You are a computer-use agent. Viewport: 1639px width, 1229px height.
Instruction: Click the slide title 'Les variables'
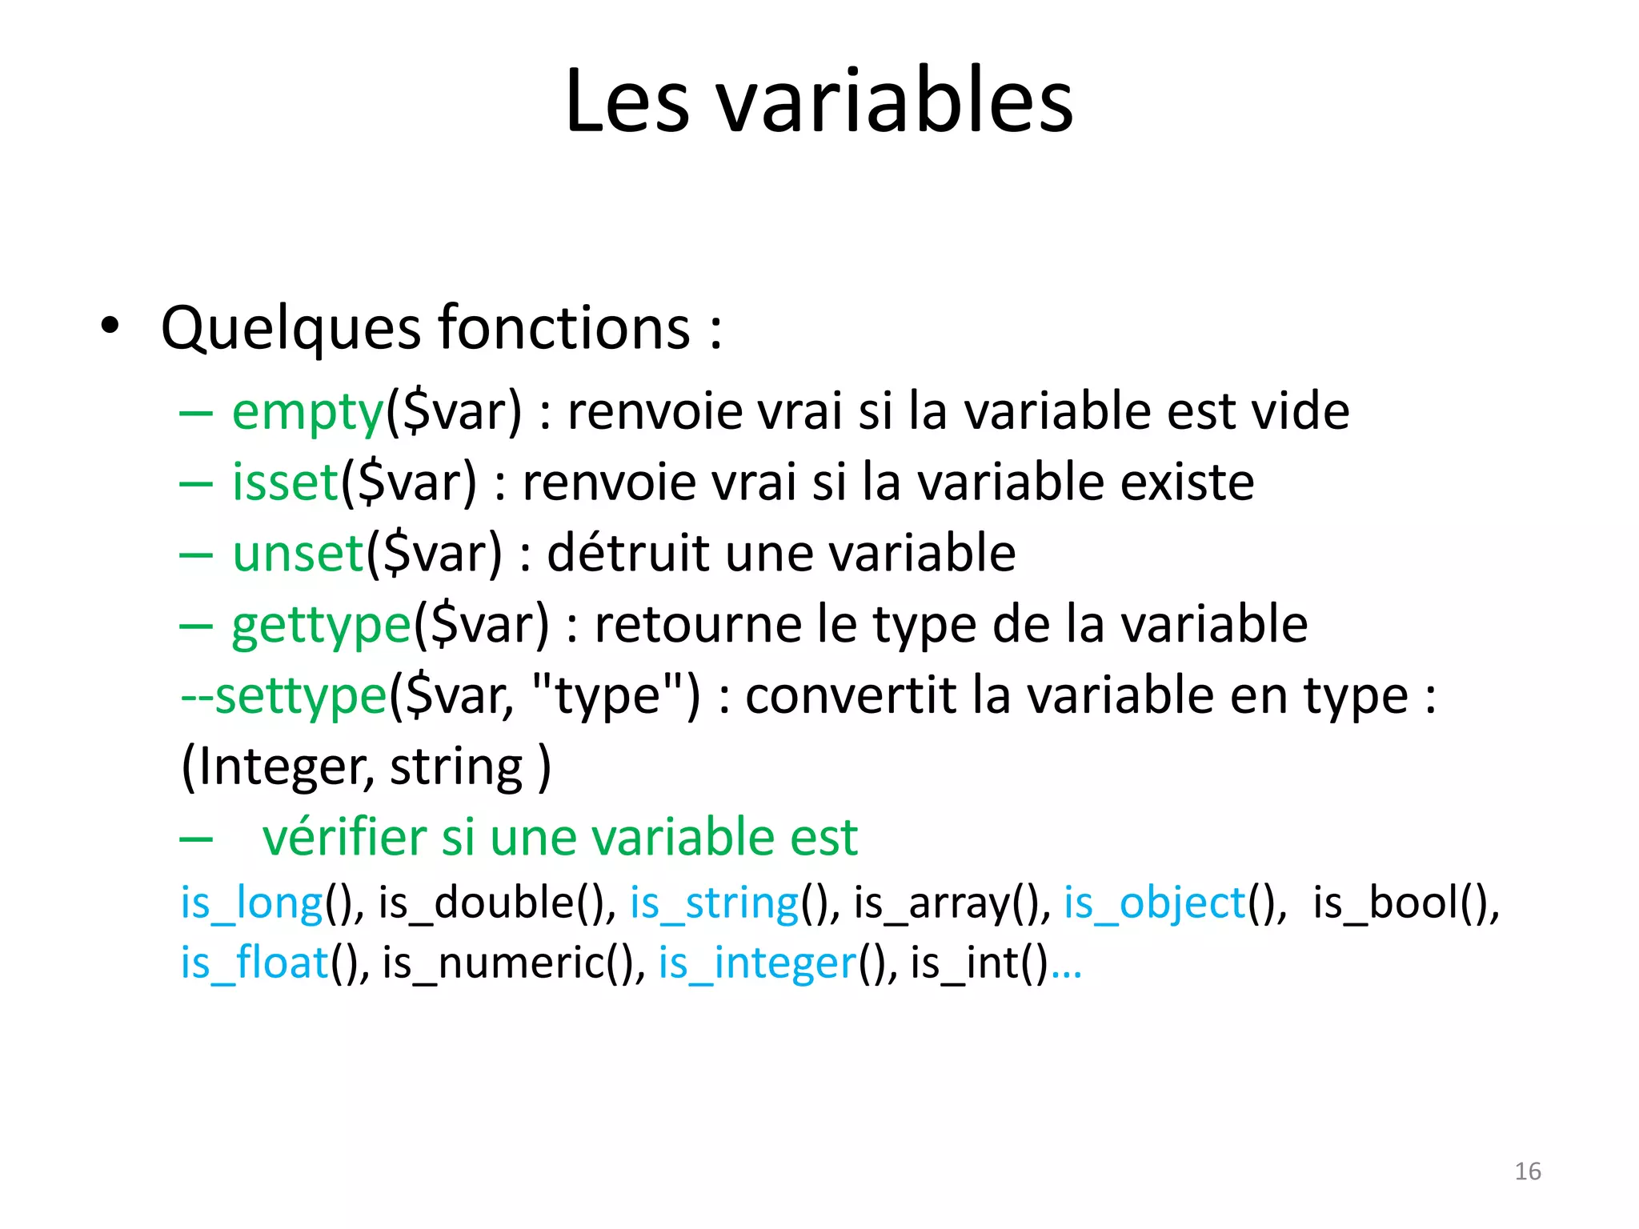pyautogui.click(x=819, y=102)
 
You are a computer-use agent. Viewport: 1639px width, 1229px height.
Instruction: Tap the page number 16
pyautogui.click(x=1527, y=1171)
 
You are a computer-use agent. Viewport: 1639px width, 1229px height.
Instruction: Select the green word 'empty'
pyautogui.click(x=308, y=412)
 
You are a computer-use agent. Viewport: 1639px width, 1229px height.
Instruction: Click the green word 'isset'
pyautogui.click(x=285, y=482)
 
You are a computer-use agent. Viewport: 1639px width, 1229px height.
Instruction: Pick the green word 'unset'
pyautogui.click(x=299, y=554)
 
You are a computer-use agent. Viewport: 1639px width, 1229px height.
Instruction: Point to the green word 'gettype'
pyautogui.click(x=321, y=626)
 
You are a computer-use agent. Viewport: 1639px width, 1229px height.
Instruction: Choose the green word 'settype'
pyautogui.click(x=301, y=696)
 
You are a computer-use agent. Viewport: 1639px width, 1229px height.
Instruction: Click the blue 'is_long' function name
pyautogui.click(x=251, y=903)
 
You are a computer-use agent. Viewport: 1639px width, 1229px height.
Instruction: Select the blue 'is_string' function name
pyautogui.click(x=714, y=903)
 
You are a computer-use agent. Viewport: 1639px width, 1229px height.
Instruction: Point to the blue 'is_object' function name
pyautogui.click(x=1154, y=903)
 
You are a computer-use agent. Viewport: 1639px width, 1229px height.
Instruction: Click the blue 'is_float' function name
pyautogui.click(x=254, y=963)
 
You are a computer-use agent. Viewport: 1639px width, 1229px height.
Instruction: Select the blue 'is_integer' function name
pyautogui.click(x=757, y=963)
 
